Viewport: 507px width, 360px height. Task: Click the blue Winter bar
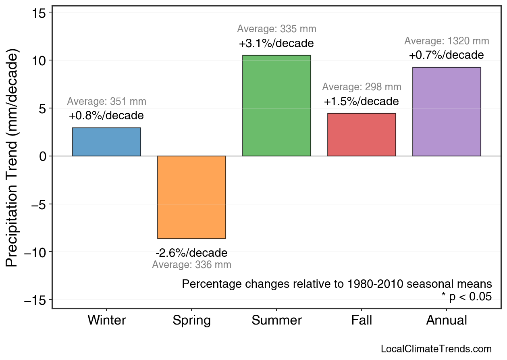106,142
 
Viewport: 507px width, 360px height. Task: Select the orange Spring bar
191,197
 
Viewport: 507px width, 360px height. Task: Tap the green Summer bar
276,106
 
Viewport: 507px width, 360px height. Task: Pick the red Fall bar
362,135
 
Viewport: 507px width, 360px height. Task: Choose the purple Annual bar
447,112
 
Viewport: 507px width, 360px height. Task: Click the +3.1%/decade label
276,43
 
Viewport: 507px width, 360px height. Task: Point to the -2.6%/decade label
191,253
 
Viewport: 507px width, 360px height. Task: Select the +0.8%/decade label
106,116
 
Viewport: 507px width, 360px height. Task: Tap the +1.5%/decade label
362,101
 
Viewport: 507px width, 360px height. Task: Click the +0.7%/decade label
447,55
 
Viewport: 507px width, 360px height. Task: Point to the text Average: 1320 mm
447,41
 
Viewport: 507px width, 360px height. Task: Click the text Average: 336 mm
191,265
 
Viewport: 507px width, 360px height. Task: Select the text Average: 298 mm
362,87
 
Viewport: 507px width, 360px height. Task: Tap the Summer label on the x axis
276,320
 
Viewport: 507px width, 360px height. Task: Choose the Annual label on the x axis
447,320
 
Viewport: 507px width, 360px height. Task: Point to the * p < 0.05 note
466,297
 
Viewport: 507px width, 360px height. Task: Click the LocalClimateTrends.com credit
436,349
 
